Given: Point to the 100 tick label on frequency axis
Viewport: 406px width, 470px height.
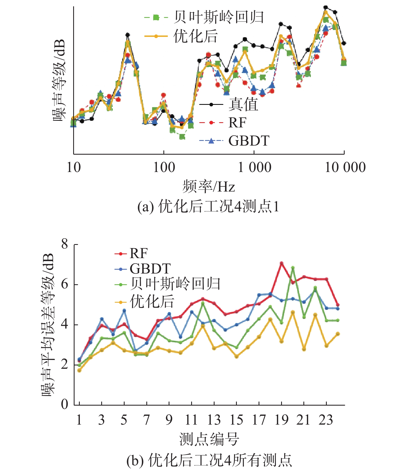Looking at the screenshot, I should point(164,167).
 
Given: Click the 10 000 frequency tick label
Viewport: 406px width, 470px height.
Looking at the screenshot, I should point(345,167).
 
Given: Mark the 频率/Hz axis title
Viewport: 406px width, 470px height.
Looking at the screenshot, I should point(209,187).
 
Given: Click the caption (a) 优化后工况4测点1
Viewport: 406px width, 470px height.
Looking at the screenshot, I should point(208,206).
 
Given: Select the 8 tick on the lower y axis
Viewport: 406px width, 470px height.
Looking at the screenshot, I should point(65,244).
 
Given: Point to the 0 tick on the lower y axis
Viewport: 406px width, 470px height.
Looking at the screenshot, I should point(65,405).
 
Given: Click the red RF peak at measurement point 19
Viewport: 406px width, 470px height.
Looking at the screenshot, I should point(281,263).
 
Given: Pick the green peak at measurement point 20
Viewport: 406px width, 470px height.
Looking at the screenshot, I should point(293,267).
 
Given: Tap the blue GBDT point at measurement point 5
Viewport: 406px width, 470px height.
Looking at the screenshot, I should point(124,310).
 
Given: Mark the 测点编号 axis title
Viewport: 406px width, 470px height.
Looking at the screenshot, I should point(209,439).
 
